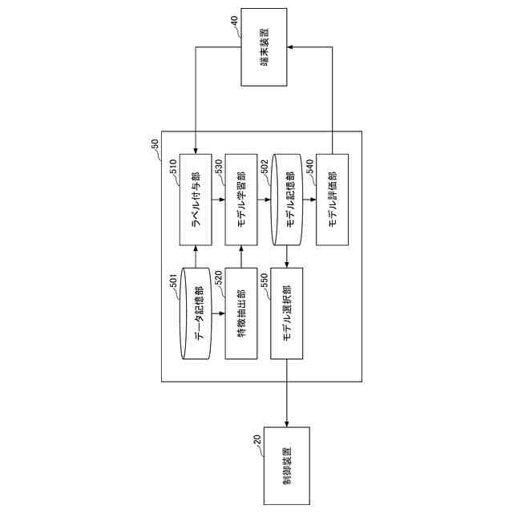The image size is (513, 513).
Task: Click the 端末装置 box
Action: (263, 48)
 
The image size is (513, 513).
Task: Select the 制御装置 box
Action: (287, 465)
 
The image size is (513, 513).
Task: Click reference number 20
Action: (256, 439)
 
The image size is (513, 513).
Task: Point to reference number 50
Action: (154, 144)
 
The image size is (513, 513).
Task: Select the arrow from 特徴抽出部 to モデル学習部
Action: (241, 257)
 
